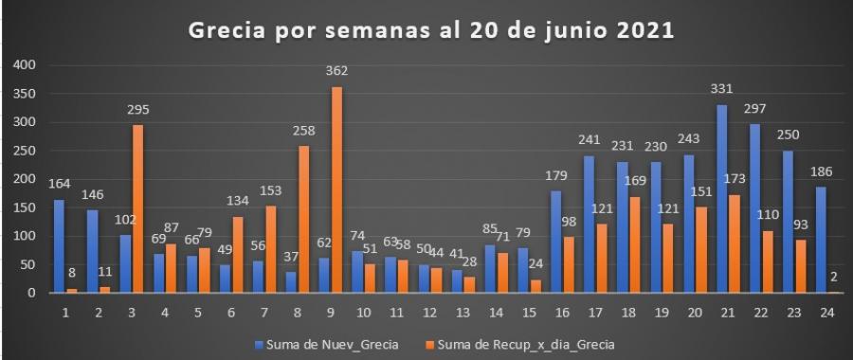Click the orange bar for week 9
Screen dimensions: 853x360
point(337,189)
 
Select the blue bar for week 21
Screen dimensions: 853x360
point(722,199)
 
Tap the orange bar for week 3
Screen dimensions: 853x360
point(138,208)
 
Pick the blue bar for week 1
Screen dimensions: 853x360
point(59,246)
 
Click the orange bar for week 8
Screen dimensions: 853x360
point(304,220)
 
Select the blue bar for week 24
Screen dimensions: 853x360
point(822,240)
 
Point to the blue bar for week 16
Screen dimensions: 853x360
point(556,242)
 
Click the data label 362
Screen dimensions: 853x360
point(337,71)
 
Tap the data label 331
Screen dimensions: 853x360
point(722,89)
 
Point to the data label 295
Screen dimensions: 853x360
point(138,109)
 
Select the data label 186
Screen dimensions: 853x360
point(822,172)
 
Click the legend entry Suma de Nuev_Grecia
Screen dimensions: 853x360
point(326,344)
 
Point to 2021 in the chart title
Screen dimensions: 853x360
point(645,31)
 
